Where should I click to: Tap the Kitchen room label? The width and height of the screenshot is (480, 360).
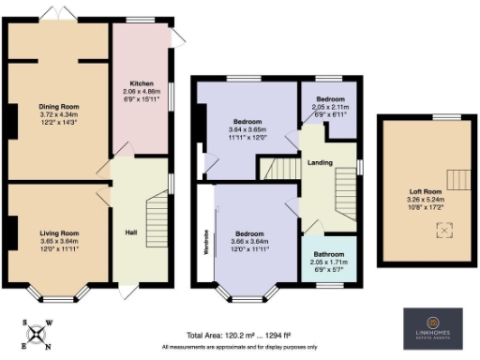pos(142,83)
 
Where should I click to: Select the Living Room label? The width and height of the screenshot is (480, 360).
pos(58,232)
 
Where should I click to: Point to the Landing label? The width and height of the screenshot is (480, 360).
pos(322,163)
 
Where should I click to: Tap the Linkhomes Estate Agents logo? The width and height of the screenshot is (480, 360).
pos(434,324)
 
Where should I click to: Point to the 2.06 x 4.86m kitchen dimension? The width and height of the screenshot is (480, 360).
pos(142,91)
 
